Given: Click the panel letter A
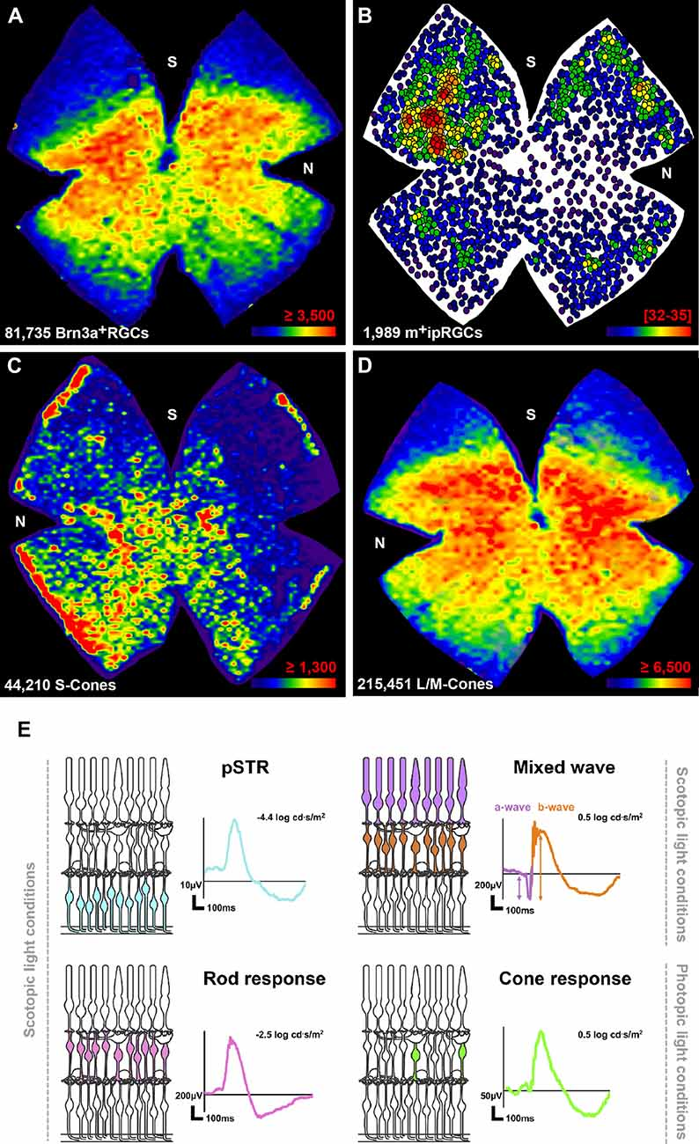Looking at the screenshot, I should [x=15, y=17].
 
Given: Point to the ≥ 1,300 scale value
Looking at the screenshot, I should [x=305, y=663].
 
